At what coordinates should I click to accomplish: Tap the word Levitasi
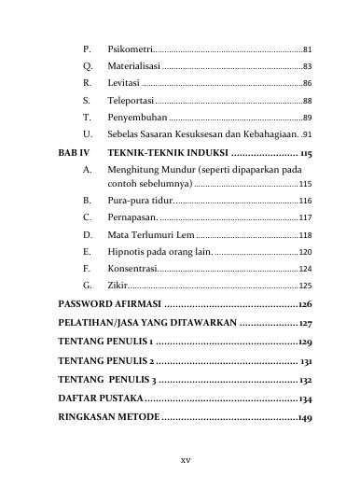click(x=124, y=83)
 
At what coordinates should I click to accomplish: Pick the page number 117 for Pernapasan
click(x=305, y=217)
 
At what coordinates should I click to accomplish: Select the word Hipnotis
click(x=129, y=251)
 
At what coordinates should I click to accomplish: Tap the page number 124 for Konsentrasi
click(x=305, y=268)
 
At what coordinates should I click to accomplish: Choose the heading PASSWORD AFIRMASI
click(x=109, y=304)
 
